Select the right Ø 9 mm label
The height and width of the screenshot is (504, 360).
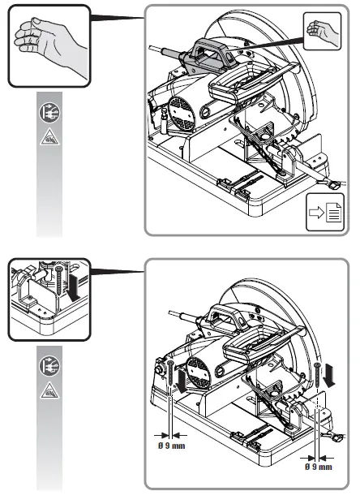click(319, 467)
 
